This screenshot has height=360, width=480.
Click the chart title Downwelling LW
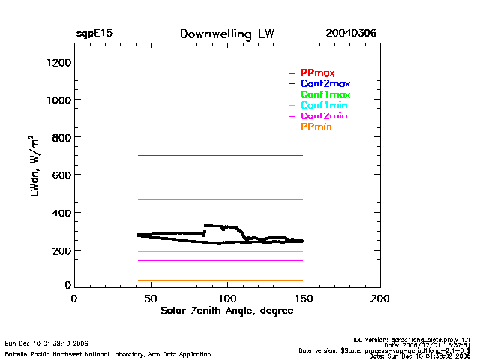click(x=227, y=34)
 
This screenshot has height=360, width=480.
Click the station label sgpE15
click(x=94, y=34)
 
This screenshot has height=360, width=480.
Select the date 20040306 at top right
click(x=351, y=34)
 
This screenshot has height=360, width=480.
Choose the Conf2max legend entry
click(x=325, y=83)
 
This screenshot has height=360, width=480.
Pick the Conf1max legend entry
click(x=325, y=94)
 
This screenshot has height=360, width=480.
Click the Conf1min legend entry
click(x=324, y=106)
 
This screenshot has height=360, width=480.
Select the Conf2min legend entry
click(x=324, y=116)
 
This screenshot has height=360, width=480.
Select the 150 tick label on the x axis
click(x=304, y=298)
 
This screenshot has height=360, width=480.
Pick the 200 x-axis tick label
click(x=380, y=298)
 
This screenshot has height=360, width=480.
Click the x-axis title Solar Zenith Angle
click(x=226, y=310)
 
